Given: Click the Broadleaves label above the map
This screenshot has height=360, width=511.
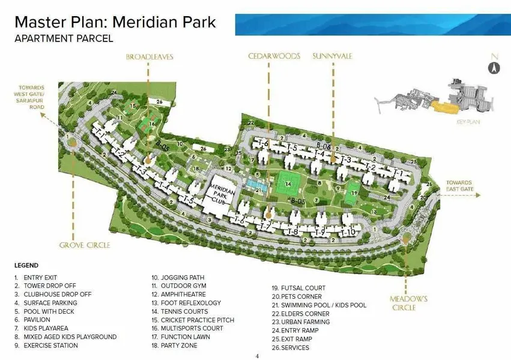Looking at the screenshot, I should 149,56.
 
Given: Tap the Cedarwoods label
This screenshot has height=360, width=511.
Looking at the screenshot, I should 274,56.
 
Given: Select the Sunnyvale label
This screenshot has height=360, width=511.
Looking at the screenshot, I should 332,56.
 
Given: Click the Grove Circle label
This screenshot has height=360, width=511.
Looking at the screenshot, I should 83,245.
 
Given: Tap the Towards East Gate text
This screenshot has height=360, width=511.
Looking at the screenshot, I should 459,185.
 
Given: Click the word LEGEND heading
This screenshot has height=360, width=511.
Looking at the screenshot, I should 26,265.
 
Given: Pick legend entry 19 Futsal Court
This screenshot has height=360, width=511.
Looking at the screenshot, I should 298,288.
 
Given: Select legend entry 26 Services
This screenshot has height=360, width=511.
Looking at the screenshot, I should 291,347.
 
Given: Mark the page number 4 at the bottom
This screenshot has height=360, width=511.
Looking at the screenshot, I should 257,356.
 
